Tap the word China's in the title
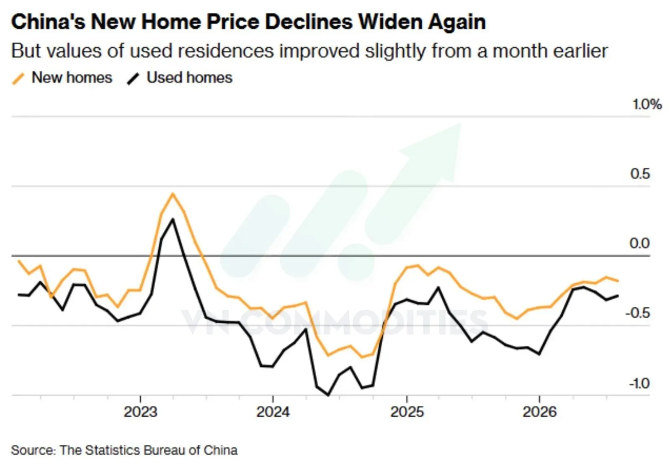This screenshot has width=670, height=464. pos(48,22)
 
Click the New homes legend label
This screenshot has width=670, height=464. pos(72,78)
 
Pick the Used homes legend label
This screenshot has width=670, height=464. pos(189,78)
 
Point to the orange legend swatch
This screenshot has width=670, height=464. pos(18,79)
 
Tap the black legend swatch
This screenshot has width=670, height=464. pos(133,79)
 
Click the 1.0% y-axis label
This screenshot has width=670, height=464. pos(647,104)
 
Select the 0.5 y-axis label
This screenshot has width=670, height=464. pos(640,174)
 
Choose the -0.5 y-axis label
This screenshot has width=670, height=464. pos(638,313)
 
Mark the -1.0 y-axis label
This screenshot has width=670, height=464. pos(639,383)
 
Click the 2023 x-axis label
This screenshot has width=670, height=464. pos(140,412)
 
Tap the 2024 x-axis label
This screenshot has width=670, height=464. pos(273,412)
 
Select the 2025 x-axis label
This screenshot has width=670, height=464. pos(407,412)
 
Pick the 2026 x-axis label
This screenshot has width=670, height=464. pos(539,412)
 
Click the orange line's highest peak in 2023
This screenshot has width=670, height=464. pos(173,193)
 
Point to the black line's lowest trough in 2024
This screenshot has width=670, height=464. pos(328,395)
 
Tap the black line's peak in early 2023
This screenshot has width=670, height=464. pos(173,220)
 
